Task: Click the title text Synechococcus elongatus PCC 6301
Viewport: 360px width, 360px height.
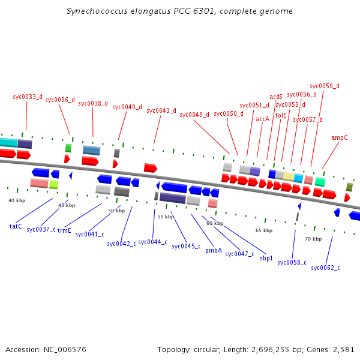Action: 179,11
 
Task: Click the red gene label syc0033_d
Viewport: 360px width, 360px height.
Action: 28,97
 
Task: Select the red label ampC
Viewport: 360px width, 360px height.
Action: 340,137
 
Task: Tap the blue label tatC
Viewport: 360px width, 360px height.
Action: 16,226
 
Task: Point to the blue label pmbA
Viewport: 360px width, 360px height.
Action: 214,250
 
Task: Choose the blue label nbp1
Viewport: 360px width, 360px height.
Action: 266,258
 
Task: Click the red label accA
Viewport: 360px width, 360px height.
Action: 263,119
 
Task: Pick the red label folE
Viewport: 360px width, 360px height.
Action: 281,115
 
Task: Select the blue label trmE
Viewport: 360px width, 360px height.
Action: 64,230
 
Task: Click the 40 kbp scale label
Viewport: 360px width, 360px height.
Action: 17,200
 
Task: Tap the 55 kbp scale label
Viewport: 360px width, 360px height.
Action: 165,217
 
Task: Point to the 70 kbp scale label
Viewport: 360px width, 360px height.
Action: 313,239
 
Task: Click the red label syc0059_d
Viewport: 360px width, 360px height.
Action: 325,86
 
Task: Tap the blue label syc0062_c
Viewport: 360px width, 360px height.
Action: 325,268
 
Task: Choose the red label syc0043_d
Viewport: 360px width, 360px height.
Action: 161,110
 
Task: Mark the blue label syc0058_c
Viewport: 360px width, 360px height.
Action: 292,262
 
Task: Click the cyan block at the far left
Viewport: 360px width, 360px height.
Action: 8,143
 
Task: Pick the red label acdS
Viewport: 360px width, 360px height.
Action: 276,97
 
